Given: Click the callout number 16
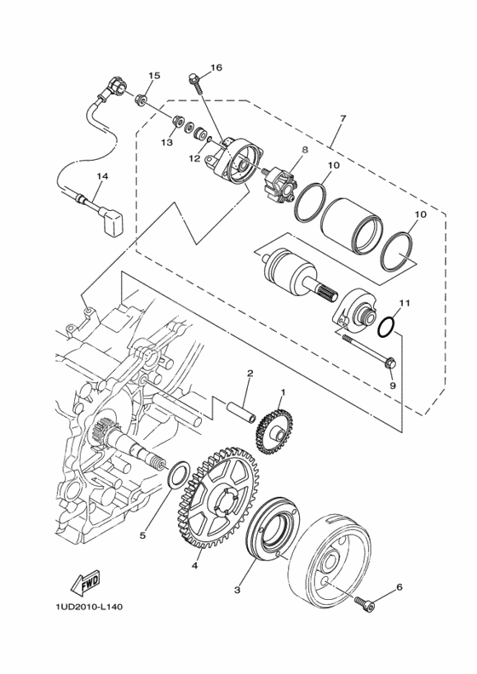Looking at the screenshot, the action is pyautogui.click(x=216, y=67).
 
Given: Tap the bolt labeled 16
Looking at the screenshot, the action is pyautogui.click(x=196, y=85).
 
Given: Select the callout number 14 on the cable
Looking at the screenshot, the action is pyautogui.click(x=102, y=176).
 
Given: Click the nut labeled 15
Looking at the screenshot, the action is pyautogui.click(x=141, y=100).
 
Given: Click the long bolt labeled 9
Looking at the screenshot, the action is pyautogui.click(x=369, y=351).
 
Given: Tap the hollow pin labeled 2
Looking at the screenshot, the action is pyautogui.click(x=241, y=412).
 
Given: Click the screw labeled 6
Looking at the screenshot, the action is pyautogui.click(x=365, y=604).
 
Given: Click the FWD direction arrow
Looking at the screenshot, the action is pyautogui.click(x=84, y=583).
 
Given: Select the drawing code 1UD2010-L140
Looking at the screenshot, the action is pyautogui.click(x=89, y=607).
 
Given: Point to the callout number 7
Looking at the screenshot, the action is pyautogui.click(x=342, y=117).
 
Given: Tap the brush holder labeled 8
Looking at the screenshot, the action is pyautogui.click(x=279, y=186).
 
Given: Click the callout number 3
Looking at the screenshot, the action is pyautogui.click(x=237, y=591).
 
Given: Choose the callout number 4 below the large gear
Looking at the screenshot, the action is pyautogui.click(x=194, y=566).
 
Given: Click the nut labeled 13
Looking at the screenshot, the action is pyautogui.click(x=176, y=122).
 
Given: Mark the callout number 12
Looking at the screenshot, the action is pyautogui.click(x=194, y=158).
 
